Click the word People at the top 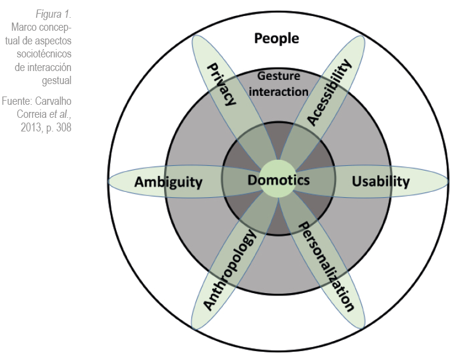pos(276,39)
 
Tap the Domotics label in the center pos(278,180)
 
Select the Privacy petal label pos(220,84)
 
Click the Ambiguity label pos(168,182)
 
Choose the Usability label pos(380,181)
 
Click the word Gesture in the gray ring pos(278,76)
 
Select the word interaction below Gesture pos(278,91)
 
